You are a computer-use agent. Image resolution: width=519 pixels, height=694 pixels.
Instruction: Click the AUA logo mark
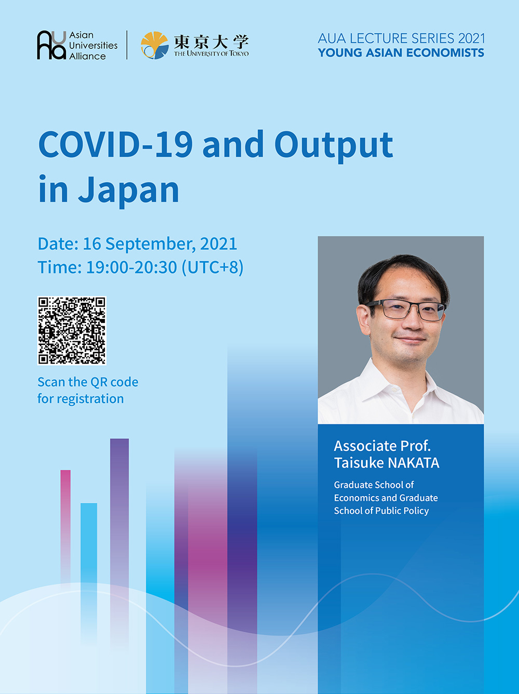click(51, 45)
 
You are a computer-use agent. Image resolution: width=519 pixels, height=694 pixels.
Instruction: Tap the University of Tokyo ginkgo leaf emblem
click(155, 45)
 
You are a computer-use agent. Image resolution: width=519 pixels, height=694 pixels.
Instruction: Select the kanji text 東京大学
click(211, 42)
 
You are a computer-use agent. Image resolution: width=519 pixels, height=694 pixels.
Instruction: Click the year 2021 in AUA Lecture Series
click(472, 38)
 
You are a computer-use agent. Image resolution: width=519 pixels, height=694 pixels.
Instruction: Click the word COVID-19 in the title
click(115, 144)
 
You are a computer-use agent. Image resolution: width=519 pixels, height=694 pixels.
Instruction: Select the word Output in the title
click(334, 146)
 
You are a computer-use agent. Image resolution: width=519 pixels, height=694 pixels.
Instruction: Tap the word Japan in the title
click(129, 191)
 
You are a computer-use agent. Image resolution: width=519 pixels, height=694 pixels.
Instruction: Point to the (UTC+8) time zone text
click(212, 268)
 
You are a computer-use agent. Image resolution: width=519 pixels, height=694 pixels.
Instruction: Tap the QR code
click(72, 330)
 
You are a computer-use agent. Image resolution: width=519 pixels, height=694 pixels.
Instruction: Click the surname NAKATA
click(413, 463)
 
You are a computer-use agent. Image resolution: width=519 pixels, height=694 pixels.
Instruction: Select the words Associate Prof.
click(382, 446)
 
